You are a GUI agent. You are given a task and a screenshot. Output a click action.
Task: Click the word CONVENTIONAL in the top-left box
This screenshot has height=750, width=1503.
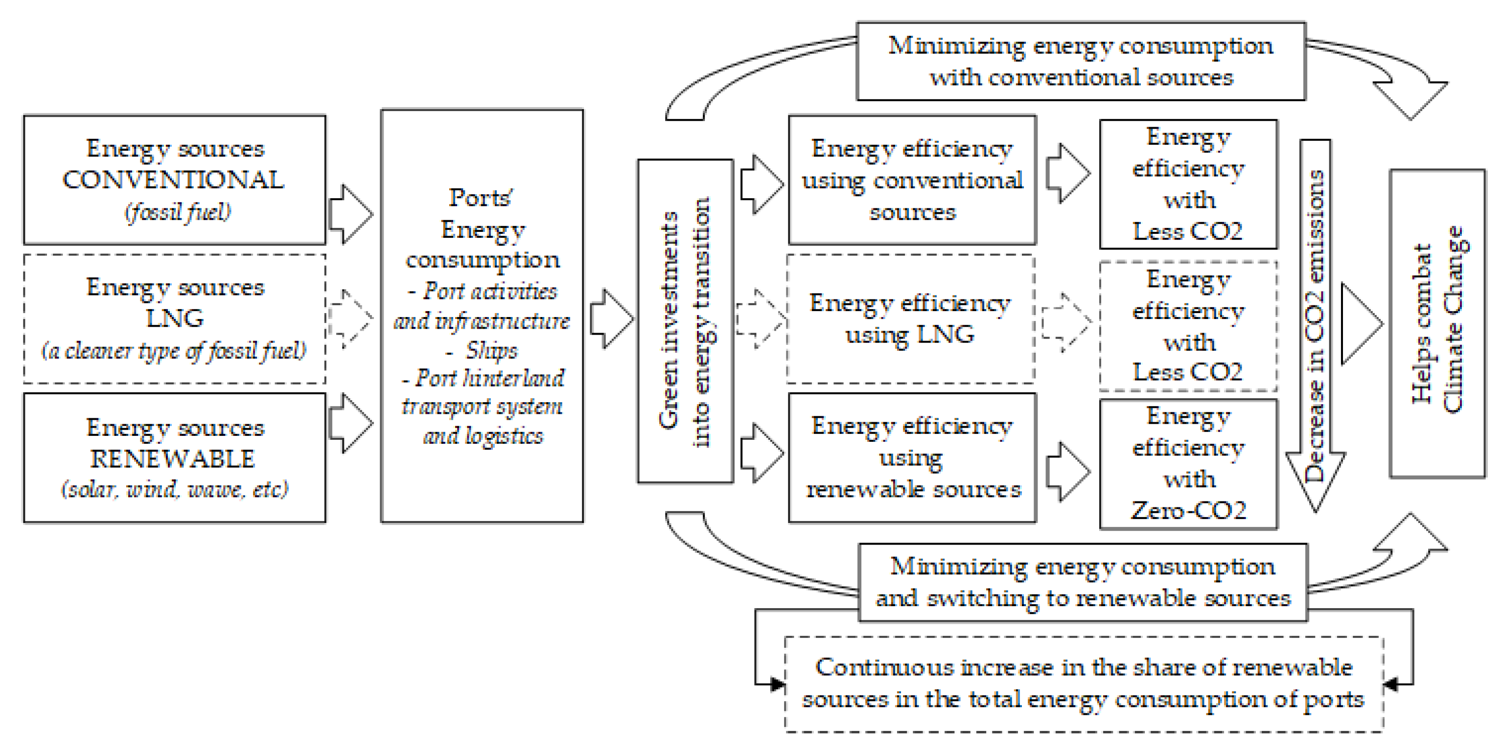[173, 180]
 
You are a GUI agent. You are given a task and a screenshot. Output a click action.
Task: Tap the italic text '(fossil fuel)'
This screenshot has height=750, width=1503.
[178, 212]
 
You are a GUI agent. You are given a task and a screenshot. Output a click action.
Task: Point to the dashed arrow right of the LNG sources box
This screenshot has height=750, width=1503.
[350, 318]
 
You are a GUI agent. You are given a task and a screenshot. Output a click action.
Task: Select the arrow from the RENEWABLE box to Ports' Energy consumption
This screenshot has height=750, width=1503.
[350, 423]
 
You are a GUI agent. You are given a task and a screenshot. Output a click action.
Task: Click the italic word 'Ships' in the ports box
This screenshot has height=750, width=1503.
[491, 350]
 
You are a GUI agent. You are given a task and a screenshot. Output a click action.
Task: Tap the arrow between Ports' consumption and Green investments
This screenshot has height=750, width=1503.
[611, 319]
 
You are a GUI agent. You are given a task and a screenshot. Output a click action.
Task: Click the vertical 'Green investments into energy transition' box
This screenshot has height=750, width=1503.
[685, 321]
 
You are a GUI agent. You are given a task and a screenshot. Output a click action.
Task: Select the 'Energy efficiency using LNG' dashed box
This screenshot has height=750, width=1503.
[910, 319]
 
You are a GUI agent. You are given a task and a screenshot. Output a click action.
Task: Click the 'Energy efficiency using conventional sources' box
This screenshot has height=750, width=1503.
[912, 180]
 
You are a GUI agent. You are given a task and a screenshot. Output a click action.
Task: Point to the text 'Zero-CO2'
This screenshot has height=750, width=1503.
[1188, 511]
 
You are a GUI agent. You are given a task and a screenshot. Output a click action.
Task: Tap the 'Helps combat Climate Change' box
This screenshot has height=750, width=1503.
[1437, 324]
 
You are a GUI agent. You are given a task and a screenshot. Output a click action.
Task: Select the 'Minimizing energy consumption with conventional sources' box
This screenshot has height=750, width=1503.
[1081, 62]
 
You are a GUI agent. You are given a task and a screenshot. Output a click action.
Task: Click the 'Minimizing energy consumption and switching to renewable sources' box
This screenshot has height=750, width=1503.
[1083, 582]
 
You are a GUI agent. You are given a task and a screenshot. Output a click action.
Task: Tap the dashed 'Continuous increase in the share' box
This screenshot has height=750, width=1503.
[1084, 683]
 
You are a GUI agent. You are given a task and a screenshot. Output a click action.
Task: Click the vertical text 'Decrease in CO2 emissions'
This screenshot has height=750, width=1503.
[1315, 327]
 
